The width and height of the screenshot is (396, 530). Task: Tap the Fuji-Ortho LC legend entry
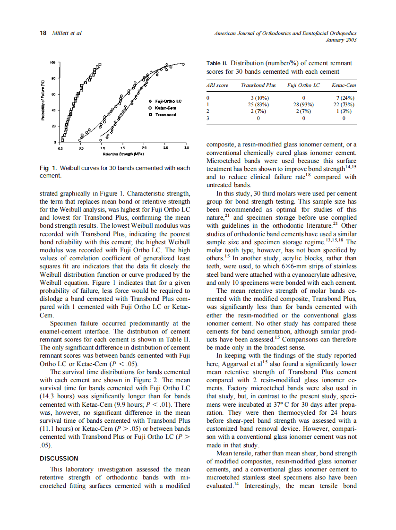point(165,102)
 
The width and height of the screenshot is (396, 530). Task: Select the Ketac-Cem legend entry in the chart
point(163,108)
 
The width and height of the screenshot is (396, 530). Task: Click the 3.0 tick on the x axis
point(186,148)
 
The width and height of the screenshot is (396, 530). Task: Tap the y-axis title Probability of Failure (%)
point(43,101)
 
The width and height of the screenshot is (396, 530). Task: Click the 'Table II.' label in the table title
point(217,63)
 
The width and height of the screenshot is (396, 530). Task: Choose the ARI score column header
point(217,85)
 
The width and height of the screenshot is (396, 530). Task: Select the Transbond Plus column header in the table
point(258,85)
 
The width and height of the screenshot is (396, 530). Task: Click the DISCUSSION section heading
point(59,458)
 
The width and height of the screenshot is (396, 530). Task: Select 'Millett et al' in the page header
point(66,33)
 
